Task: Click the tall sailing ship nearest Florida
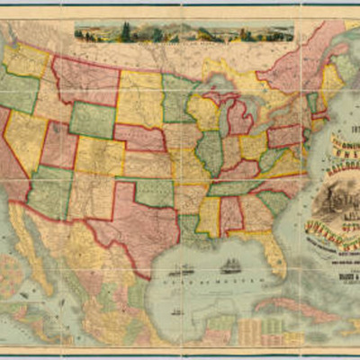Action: [x=232, y=266]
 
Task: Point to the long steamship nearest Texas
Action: [x=180, y=269]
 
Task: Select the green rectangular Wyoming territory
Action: [x=92, y=120]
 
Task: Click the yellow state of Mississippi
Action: [x=209, y=216]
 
